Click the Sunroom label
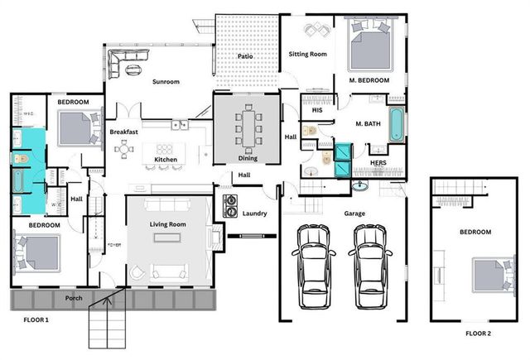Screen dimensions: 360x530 [x=166, y=81]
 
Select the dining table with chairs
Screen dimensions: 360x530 [x=248, y=128]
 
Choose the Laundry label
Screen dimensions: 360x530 [x=254, y=214]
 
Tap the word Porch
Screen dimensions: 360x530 [x=74, y=298]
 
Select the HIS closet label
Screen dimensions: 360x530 [x=316, y=110]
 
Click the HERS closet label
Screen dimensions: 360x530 [x=378, y=163]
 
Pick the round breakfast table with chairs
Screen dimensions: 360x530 [x=124, y=150]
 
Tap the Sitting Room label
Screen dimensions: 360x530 [x=307, y=54]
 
